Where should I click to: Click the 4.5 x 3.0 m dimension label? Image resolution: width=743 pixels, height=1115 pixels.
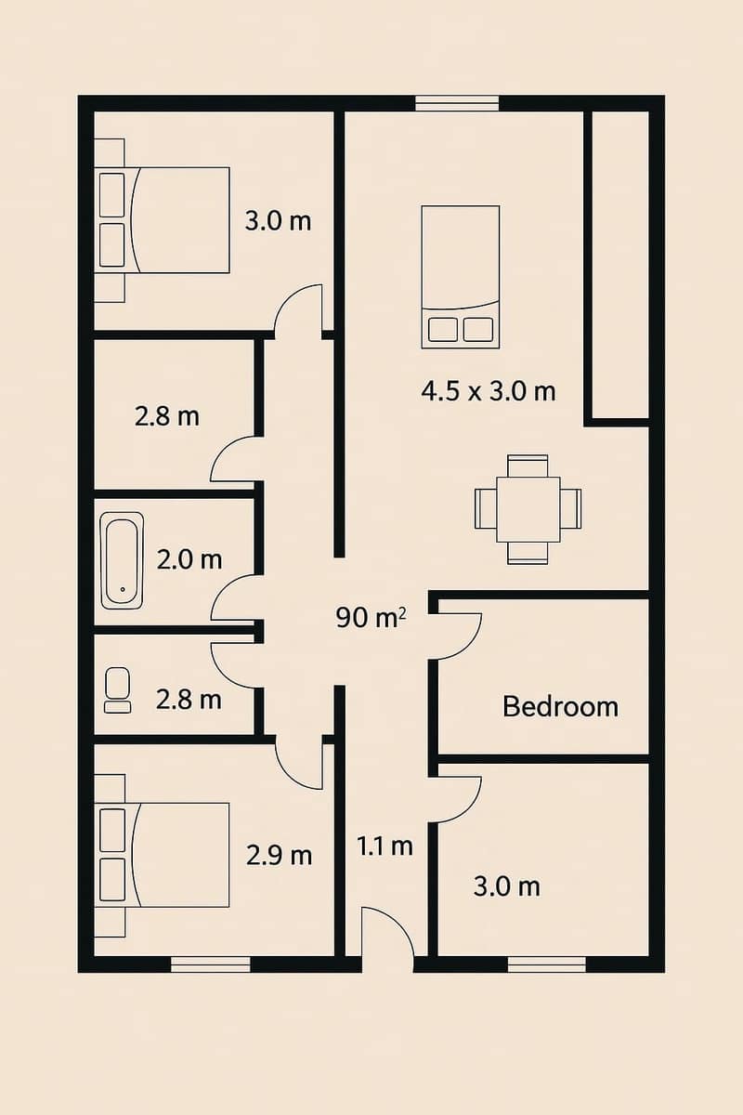[x=489, y=391]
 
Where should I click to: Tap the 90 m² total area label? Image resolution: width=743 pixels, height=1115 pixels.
[x=371, y=617]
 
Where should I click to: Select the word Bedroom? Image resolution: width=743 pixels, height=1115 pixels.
[x=560, y=706]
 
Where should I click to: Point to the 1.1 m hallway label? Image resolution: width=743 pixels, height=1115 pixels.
[x=385, y=846]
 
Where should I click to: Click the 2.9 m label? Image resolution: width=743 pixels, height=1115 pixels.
[x=279, y=855]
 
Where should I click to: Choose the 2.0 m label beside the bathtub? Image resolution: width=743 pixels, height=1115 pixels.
[x=189, y=559]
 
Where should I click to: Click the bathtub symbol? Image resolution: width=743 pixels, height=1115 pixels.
[x=122, y=560]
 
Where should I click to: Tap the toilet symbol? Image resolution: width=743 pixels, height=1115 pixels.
[x=118, y=689]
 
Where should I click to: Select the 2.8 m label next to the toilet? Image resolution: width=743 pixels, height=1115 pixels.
[x=189, y=699]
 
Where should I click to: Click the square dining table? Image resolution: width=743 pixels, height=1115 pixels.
[x=528, y=509]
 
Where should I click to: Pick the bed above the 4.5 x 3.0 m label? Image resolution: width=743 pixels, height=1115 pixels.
[x=461, y=277]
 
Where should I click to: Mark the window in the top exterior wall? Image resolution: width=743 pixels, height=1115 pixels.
[x=457, y=103]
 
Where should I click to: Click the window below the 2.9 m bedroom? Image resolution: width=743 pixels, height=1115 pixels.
[x=211, y=964]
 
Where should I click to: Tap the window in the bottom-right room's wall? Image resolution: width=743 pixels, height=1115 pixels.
[x=547, y=964]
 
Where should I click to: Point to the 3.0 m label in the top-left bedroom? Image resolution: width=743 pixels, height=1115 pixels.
[x=278, y=221]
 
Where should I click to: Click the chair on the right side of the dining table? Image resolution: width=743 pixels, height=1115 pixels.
[x=570, y=508]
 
